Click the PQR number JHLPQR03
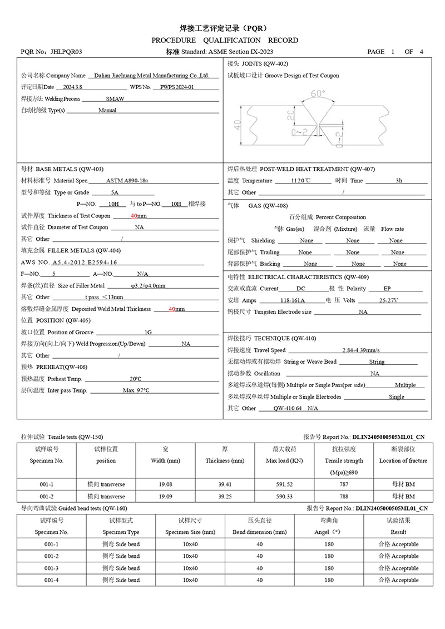(x=66, y=52)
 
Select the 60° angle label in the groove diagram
(x=318, y=95)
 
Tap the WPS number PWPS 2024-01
(x=177, y=87)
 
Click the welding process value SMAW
(x=115, y=99)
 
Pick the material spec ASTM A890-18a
(x=127, y=181)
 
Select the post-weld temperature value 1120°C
(x=301, y=181)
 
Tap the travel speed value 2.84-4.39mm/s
(x=361, y=350)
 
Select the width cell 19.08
(x=165, y=484)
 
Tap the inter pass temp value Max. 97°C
(x=136, y=390)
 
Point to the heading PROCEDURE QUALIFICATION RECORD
(x=225, y=41)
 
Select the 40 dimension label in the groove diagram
(x=238, y=125)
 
